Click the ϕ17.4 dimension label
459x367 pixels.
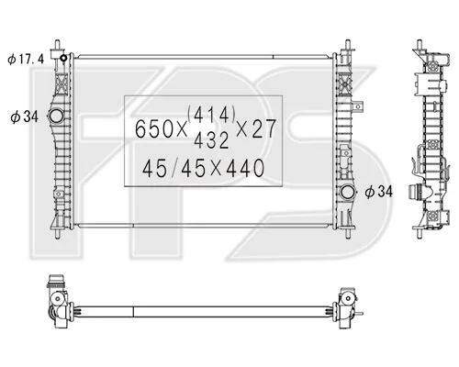click(26, 59)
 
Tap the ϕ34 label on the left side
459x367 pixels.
click(25, 117)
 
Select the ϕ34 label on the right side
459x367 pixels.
click(378, 192)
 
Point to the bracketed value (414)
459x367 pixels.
click(212, 114)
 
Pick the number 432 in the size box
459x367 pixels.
click(211, 140)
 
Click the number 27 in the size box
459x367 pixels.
click(264, 128)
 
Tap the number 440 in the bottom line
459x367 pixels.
click(245, 168)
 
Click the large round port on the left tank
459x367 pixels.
click(56, 116)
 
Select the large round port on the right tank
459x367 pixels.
click(348, 192)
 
